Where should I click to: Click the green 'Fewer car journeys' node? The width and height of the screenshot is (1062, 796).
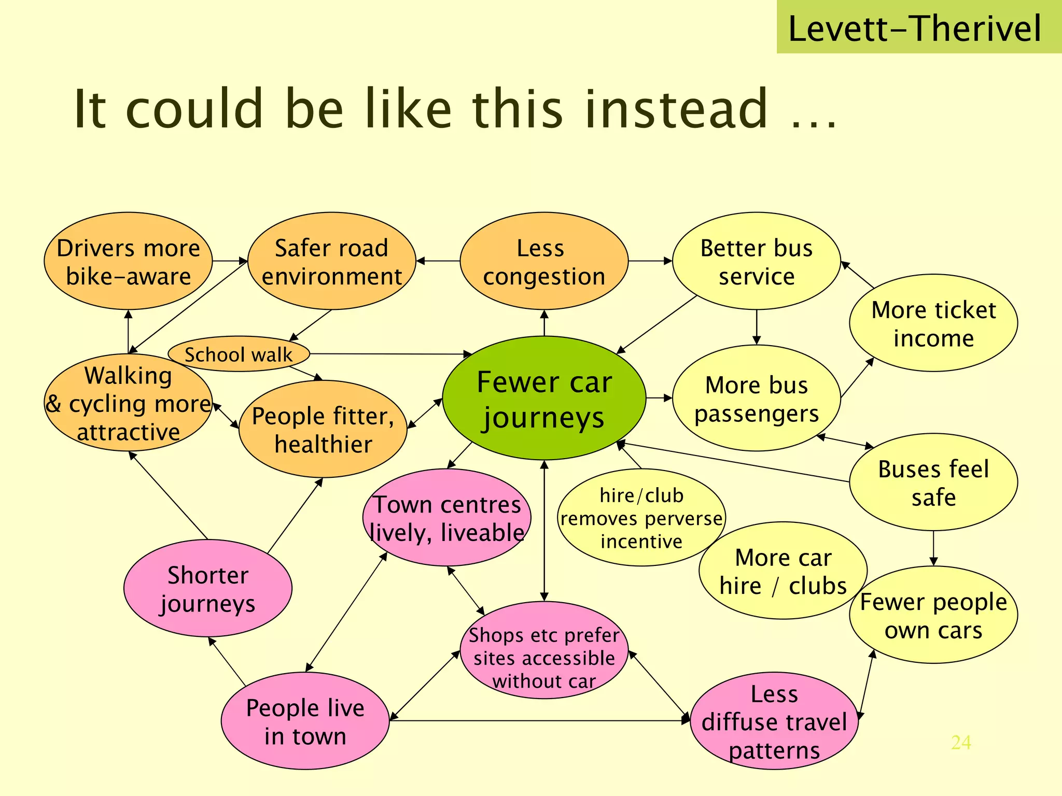pos(544,398)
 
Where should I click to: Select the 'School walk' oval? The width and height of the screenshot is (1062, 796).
pos(239,354)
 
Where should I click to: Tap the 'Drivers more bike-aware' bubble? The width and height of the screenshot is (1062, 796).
pos(128,261)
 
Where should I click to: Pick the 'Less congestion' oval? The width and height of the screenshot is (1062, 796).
pos(544,261)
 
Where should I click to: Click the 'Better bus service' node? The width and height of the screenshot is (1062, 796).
pos(757,261)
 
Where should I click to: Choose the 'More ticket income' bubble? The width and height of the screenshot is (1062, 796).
pos(933,323)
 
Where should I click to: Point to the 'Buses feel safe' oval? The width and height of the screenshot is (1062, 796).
pos(933,482)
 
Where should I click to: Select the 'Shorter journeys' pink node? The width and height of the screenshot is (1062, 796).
pos(208,589)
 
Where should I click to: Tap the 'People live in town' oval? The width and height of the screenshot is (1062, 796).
pos(305,721)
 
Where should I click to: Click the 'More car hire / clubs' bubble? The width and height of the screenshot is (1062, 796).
pos(783,571)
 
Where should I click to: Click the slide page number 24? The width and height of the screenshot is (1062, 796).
pos(961,743)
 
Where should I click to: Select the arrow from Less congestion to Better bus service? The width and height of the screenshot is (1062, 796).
pos(650,261)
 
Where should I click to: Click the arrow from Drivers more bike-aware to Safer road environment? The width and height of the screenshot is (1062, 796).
pos(230,261)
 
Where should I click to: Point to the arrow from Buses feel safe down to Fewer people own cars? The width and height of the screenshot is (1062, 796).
pos(933,548)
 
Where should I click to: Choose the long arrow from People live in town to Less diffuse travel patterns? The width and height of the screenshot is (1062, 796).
pos(539,721)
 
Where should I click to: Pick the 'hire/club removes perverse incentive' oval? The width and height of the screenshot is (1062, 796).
pos(641,518)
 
